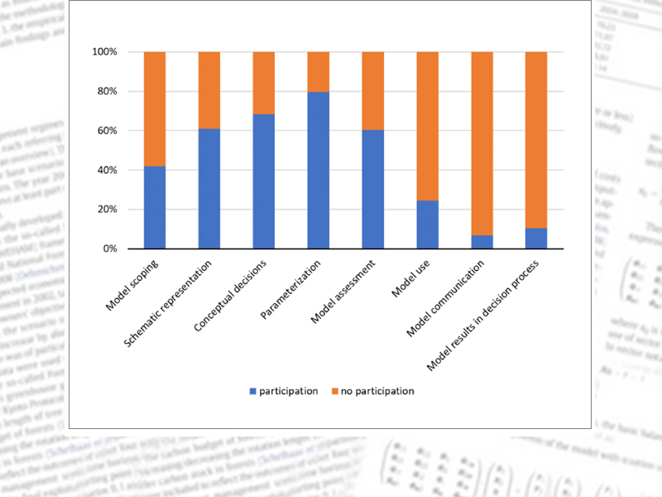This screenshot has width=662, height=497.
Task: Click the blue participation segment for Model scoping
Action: coord(155,207)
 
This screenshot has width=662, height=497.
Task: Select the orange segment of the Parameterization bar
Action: coord(319,72)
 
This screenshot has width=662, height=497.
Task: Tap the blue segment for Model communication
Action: coord(482,242)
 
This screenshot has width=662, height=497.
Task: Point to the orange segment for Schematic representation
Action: coord(209,90)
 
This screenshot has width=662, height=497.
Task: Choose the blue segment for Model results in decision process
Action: coord(537,238)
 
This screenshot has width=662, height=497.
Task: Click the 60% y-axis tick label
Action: coord(107,131)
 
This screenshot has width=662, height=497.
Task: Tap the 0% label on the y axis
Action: coord(110,248)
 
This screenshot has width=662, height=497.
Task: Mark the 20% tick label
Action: coord(107,210)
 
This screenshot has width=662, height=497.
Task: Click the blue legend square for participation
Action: coord(253,391)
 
